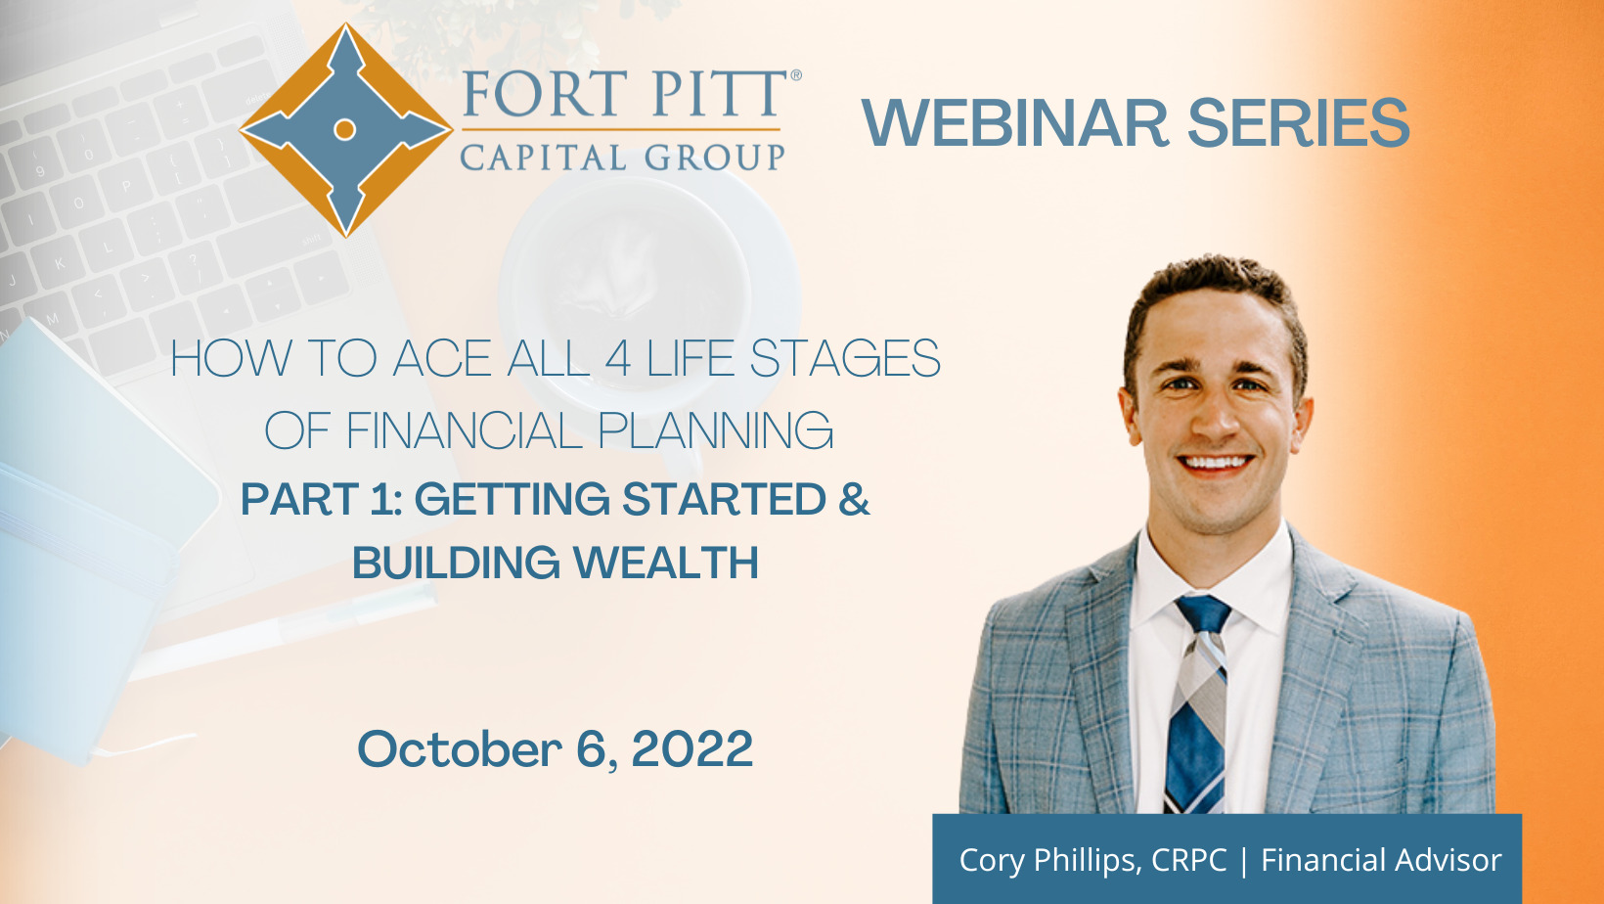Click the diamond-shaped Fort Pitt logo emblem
[346, 130]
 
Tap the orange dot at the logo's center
[345, 130]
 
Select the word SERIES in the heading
[1299, 123]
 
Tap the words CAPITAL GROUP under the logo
[622, 157]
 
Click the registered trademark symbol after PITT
[795, 75]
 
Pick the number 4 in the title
[617, 359]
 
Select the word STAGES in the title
[845, 358]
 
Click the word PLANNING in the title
[715, 430]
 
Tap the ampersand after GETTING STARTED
[854, 499]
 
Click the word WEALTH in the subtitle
[666, 563]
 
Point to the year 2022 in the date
[692, 748]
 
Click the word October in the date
[459, 748]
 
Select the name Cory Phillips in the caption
[1047, 860]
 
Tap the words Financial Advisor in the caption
[1381, 860]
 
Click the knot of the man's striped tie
[1203, 613]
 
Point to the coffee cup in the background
[648, 287]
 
